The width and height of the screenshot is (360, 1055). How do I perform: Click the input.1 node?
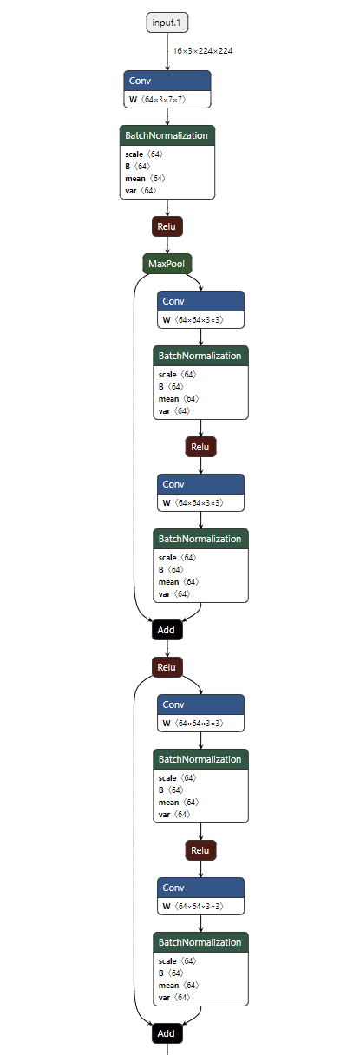coord(167,23)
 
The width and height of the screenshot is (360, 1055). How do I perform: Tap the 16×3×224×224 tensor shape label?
coord(202,51)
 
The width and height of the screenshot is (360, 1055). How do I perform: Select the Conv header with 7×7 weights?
coord(167,81)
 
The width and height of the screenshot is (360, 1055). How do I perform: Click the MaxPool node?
coord(167,263)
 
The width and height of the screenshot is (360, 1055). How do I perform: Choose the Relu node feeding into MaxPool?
coord(167,226)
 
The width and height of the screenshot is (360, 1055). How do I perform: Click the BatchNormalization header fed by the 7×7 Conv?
coord(167,135)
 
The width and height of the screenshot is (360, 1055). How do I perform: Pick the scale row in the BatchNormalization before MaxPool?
coord(143,154)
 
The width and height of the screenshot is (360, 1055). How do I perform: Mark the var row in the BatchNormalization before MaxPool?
coord(140,190)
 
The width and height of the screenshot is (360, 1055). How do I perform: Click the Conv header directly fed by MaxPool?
coord(200,301)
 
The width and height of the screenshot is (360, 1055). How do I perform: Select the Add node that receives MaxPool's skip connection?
coord(167,630)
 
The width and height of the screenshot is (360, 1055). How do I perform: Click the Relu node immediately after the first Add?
coord(167,667)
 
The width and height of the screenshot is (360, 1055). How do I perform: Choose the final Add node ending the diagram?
coord(167,1033)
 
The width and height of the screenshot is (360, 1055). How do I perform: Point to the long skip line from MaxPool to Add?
coord(134,451)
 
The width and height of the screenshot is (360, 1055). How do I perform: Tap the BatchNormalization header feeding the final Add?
coord(200,942)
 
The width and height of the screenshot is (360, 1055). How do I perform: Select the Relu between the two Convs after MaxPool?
coord(200,447)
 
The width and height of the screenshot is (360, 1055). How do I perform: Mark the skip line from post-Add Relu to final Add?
coord(134,850)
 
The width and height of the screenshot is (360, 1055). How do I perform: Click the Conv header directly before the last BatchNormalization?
coord(200,888)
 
